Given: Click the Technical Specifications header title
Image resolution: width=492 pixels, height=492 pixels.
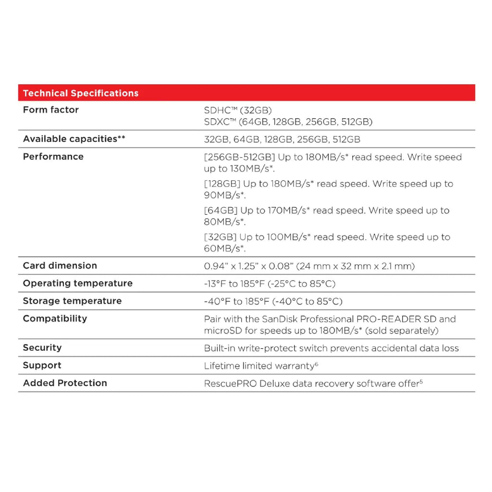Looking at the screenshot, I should click(81, 93).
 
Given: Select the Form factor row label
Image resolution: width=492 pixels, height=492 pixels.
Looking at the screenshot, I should click(51, 110).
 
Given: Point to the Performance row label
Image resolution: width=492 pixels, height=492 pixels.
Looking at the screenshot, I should click(53, 157).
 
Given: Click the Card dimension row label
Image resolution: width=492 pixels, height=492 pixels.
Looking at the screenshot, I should click(60, 266).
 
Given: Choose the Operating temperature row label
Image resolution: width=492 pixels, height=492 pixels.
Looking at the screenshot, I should click(78, 283).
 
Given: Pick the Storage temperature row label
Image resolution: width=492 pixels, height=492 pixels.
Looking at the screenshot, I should click(73, 301).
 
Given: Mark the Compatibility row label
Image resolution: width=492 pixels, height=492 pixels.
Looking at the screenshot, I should click(55, 319).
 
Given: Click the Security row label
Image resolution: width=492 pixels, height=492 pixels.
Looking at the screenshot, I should click(42, 348).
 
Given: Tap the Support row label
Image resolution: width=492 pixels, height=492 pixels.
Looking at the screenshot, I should click(42, 366).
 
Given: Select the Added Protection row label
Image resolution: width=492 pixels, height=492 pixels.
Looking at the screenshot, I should click(65, 383).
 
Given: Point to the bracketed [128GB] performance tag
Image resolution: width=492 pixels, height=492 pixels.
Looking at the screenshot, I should click(222, 184).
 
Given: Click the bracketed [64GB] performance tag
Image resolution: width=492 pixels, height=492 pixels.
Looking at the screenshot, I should click(221, 210).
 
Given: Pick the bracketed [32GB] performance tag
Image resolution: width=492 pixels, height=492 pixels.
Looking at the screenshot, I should click(220, 237).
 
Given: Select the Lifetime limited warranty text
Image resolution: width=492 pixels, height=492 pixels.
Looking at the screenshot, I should click(259, 366).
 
